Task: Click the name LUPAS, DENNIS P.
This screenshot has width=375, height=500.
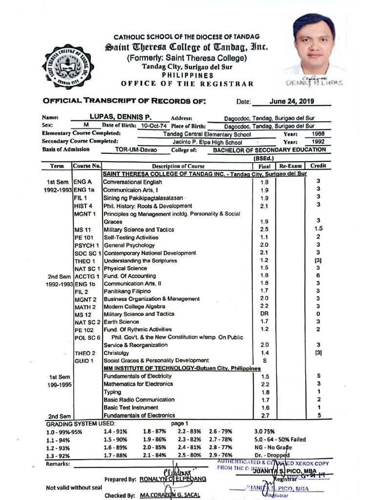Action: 120,117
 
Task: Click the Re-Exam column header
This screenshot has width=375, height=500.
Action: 291,166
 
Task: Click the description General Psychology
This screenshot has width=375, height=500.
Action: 129,245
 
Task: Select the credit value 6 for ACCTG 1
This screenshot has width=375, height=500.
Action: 318,276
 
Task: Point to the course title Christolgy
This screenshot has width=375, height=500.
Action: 116,353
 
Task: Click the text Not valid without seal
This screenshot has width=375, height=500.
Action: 74,487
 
